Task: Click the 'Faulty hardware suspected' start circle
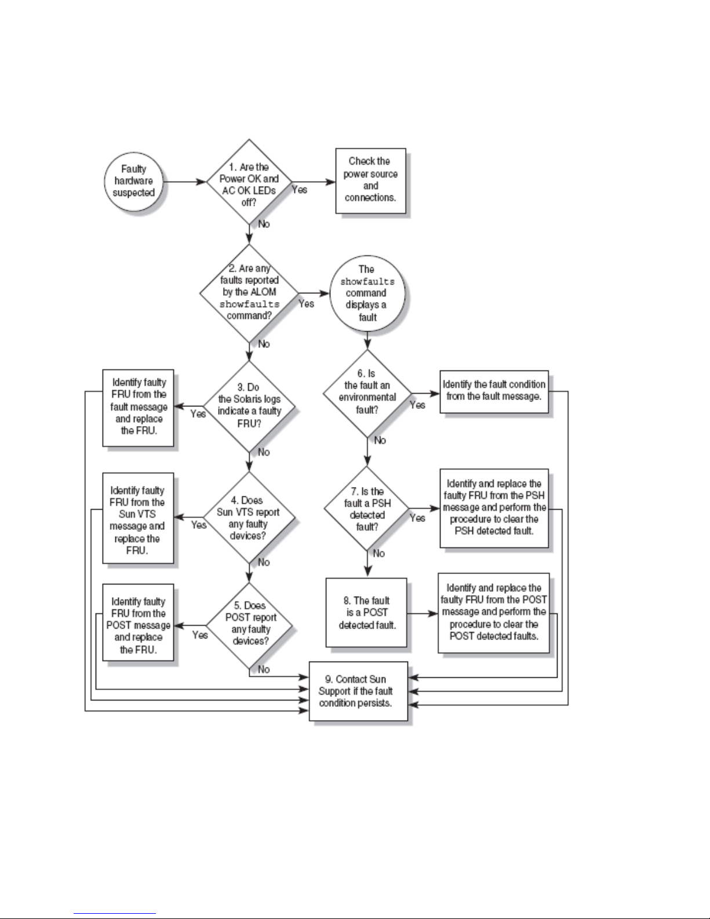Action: click(133, 181)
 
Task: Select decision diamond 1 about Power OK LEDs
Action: click(249, 182)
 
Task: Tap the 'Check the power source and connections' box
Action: click(370, 180)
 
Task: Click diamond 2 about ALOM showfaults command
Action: click(249, 293)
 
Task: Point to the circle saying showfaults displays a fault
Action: click(367, 293)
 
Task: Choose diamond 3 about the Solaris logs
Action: click(249, 406)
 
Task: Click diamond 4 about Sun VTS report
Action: click(249, 517)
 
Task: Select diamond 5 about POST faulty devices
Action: click(249, 626)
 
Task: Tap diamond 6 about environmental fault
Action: click(367, 393)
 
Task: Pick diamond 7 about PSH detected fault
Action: click(367, 508)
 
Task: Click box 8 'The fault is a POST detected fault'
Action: click(366, 612)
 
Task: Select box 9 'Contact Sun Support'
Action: click(358, 691)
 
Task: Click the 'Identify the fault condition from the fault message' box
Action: click(494, 391)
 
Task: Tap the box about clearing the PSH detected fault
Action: click(494, 508)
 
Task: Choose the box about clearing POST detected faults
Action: click(494, 613)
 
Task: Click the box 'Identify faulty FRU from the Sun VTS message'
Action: click(138, 518)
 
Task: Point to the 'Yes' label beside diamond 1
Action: click(299, 190)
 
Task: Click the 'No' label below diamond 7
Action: click(378, 553)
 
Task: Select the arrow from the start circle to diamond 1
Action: click(185, 182)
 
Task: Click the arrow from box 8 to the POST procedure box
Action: click(423, 613)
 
